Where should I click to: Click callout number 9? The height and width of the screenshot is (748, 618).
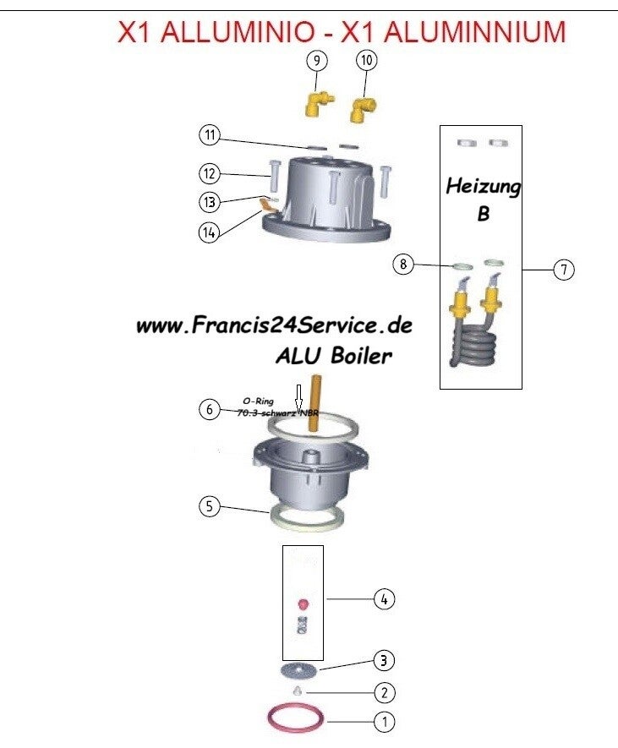coord(315,61)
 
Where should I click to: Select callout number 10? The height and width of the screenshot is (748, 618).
coord(366,61)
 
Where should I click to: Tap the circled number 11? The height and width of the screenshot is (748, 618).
coord(210,135)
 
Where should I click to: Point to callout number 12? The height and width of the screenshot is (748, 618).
coord(210,174)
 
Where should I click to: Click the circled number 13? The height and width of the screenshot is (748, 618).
coord(210,202)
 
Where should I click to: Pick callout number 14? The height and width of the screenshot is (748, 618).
coord(210,231)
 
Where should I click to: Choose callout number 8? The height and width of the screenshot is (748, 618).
coord(404,264)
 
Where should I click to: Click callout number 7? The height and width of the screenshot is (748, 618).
coord(564,270)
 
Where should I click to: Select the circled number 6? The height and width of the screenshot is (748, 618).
coord(210,410)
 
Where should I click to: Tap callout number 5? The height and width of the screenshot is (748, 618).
coord(210,507)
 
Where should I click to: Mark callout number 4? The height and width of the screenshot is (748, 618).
coord(384,599)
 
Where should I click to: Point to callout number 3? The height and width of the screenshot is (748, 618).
coord(384,659)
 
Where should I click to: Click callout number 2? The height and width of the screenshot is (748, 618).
coord(384,693)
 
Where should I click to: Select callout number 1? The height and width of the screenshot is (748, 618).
coord(384,723)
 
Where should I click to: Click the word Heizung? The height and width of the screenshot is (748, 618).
coord(483,186)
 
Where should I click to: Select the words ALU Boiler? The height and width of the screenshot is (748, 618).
coord(333,356)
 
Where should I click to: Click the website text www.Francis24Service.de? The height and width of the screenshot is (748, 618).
coord(274,326)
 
